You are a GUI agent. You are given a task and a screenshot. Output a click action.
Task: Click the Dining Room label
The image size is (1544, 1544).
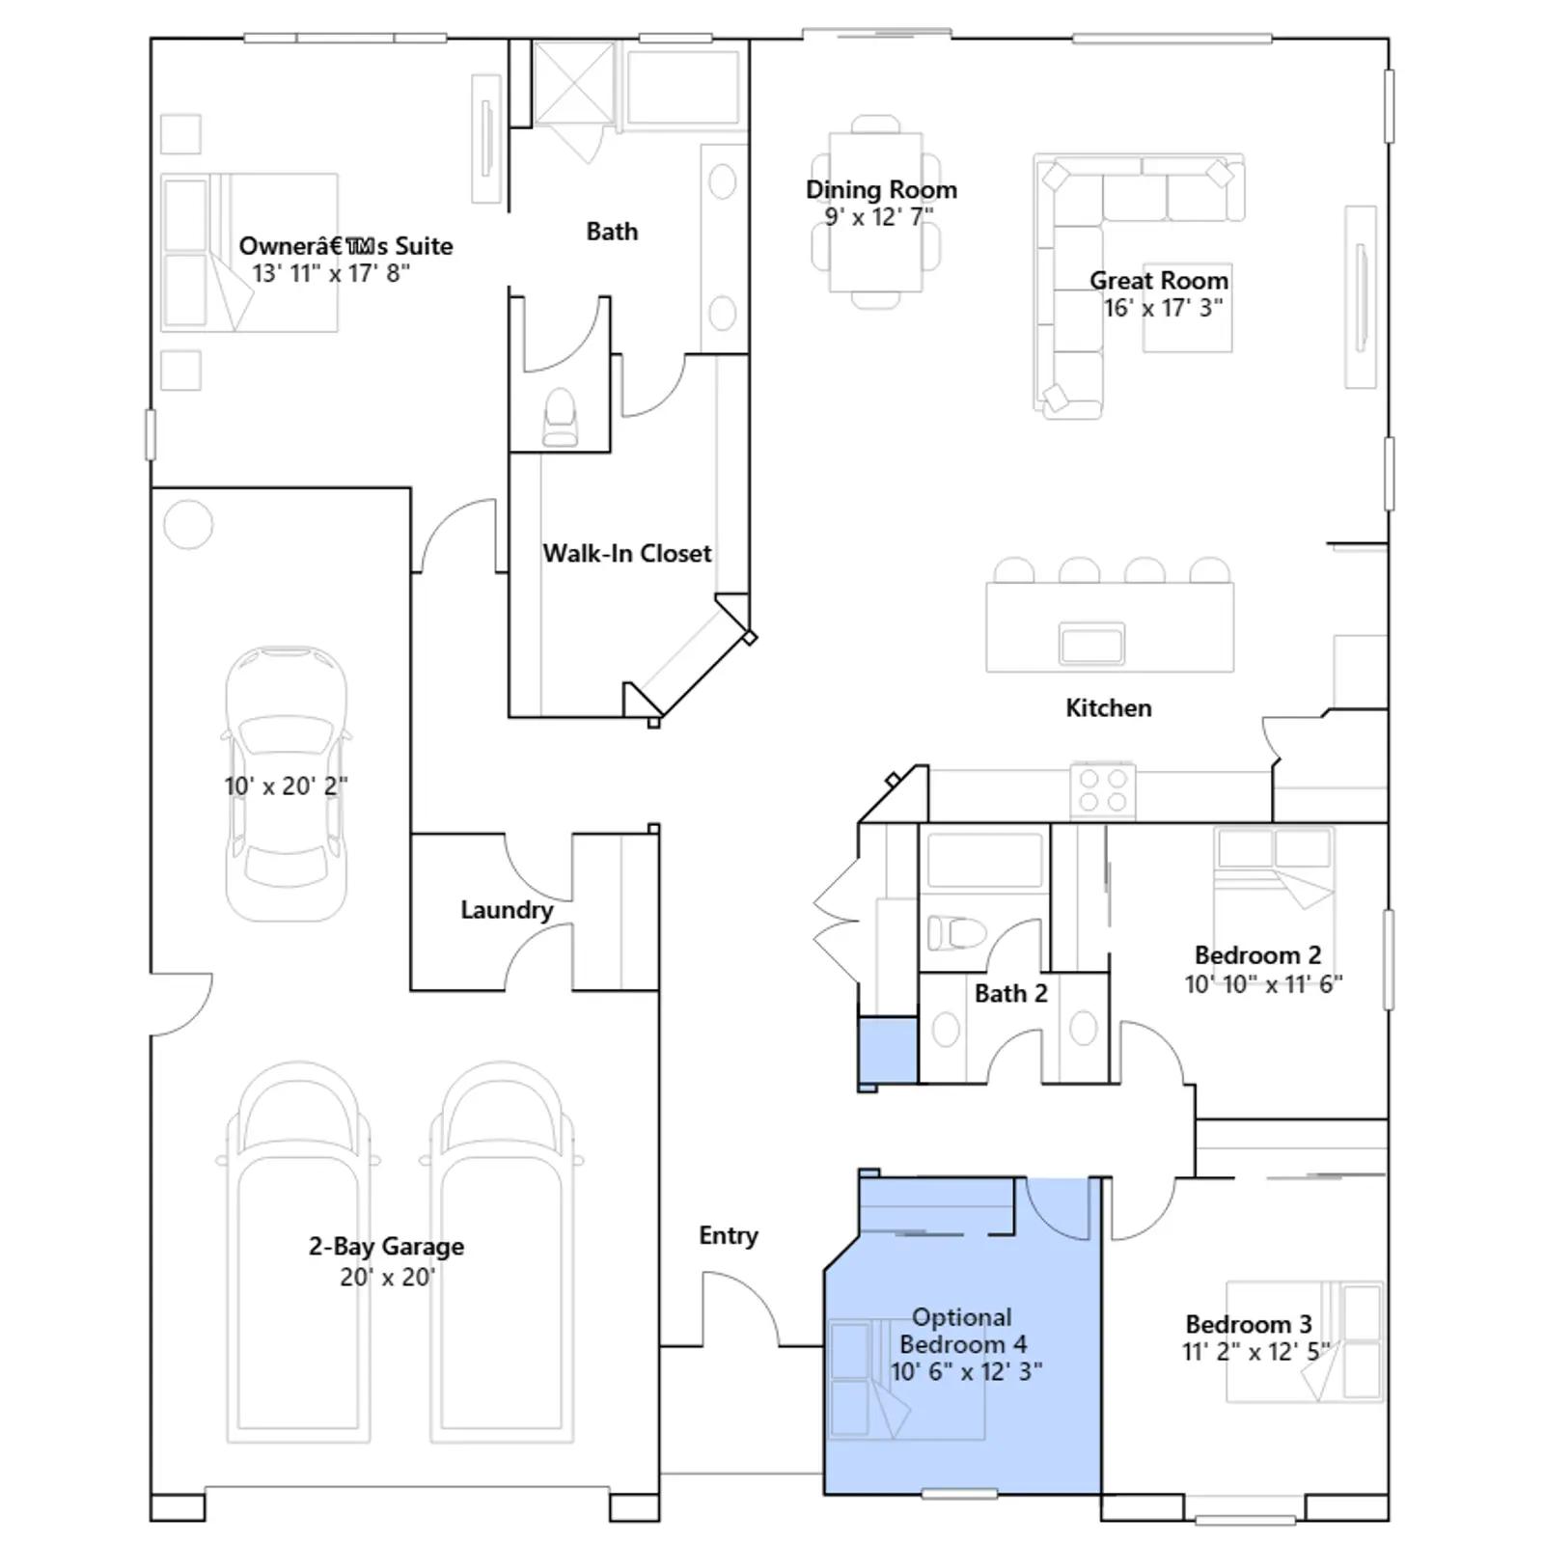tap(881, 189)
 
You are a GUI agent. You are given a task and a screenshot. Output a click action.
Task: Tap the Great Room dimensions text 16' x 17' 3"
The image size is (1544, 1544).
tap(1163, 308)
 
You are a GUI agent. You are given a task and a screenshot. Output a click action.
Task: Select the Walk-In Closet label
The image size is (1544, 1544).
tap(627, 553)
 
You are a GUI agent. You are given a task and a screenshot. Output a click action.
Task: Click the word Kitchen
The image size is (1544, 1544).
tap(1108, 707)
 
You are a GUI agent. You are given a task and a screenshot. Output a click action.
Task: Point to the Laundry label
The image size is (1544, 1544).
tap(507, 910)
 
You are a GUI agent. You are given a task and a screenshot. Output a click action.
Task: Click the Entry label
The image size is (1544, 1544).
tap(729, 1236)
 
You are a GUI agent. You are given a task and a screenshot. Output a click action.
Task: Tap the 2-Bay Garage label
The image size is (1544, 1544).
tap(386, 1246)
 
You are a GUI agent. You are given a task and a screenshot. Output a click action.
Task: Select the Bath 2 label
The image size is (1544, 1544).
tap(1010, 993)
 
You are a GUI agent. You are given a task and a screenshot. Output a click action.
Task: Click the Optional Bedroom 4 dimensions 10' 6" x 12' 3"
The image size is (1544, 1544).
tap(966, 1371)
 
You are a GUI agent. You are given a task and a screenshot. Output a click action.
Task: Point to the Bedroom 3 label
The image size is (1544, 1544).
tap(1249, 1324)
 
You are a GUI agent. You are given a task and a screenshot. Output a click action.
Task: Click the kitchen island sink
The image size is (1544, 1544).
tap(1091, 644)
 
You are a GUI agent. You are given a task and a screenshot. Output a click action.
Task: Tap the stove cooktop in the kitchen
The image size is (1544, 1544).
tap(1103, 789)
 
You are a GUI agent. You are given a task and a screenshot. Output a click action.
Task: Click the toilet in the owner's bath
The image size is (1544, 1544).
tap(560, 417)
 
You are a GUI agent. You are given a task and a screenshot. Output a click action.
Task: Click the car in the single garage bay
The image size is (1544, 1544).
tap(287, 784)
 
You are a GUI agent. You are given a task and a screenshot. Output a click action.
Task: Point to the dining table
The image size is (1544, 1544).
tap(875, 212)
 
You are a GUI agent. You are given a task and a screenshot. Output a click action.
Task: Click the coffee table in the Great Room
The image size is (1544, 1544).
tap(1187, 307)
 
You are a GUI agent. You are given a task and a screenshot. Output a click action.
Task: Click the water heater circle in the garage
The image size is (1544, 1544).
tap(188, 525)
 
